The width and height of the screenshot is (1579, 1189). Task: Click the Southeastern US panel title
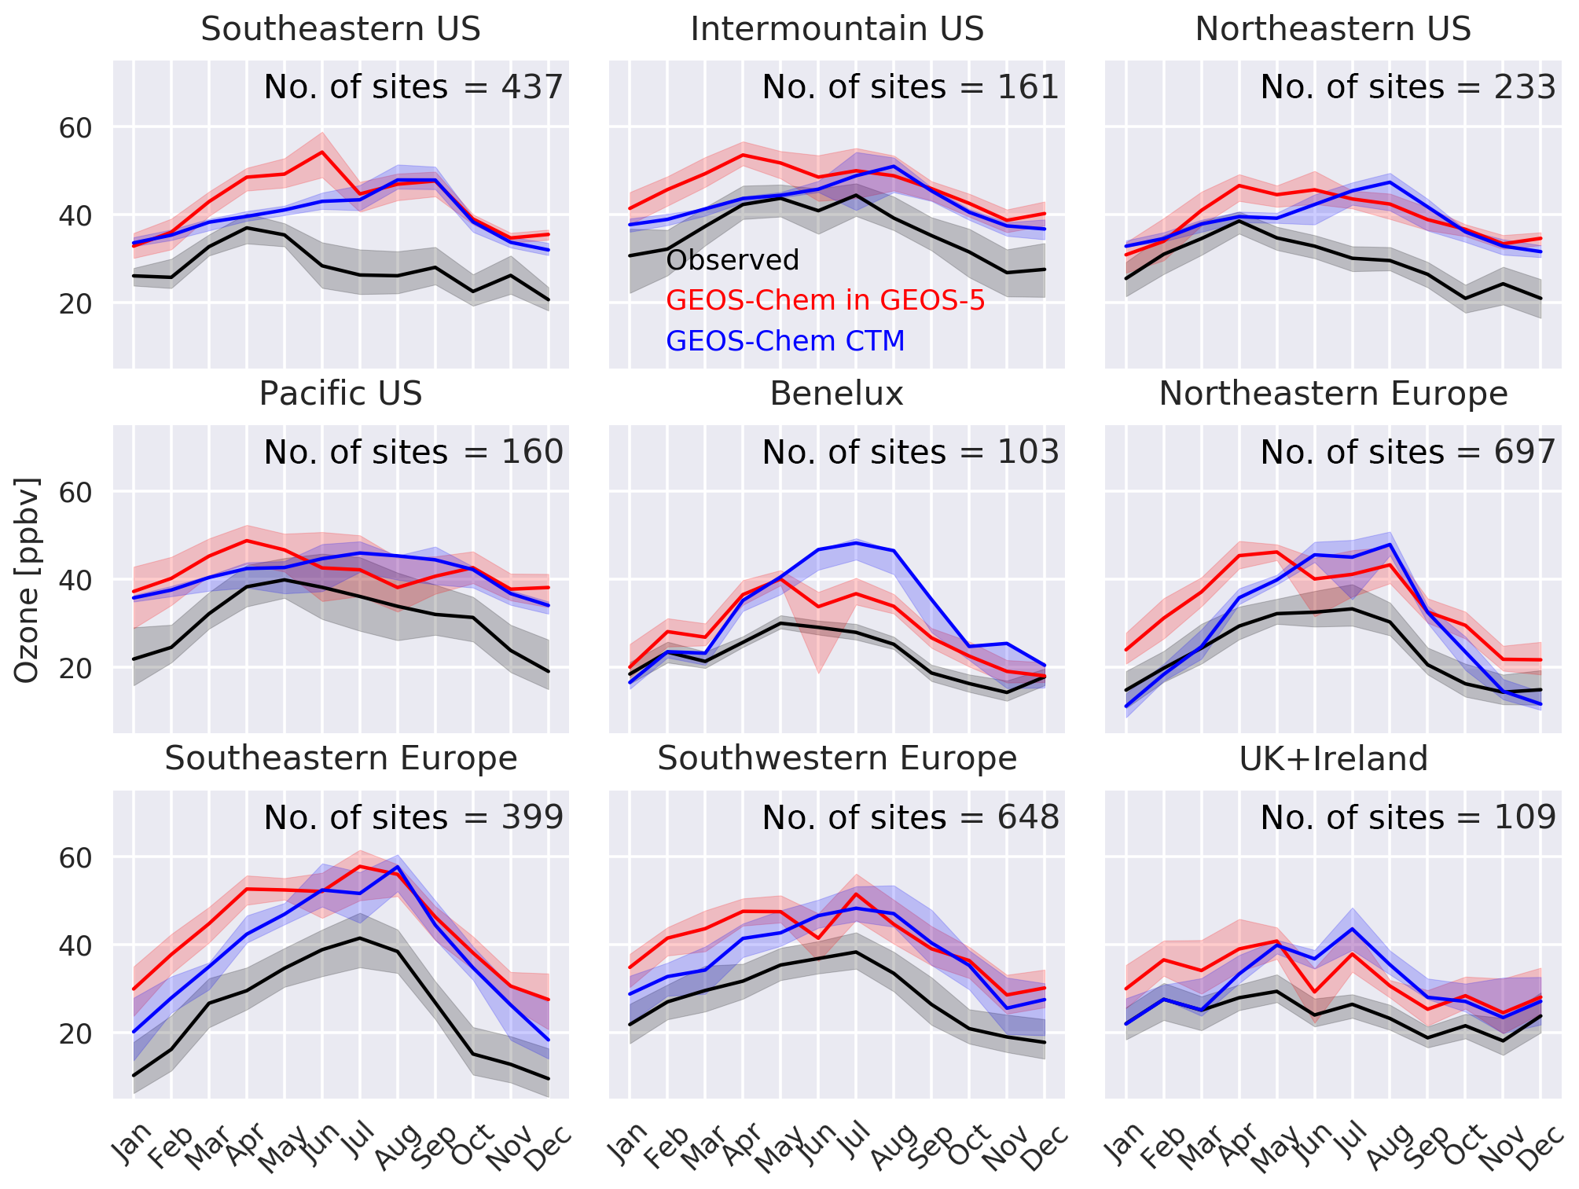click(340, 29)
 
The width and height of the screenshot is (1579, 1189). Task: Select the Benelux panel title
click(836, 394)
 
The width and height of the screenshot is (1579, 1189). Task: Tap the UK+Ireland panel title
click(1333, 759)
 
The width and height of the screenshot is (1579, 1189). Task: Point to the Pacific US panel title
click(340, 394)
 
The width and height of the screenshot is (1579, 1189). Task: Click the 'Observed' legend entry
click(733, 260)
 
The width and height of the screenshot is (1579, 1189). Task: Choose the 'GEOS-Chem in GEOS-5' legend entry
click(825, 300)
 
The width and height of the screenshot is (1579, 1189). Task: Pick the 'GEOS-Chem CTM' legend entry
click(785, 341)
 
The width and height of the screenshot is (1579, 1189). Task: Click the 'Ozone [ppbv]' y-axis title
click(28, 580)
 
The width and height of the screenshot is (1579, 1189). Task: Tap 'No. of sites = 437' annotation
click(413, 87)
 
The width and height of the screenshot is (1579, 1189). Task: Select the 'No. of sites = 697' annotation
click(1408, 453)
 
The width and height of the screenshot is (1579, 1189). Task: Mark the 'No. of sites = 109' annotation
click(1408, 818)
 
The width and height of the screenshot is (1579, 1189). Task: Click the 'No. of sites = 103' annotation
click(911, 453)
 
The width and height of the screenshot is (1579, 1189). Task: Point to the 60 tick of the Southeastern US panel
click(75, 127)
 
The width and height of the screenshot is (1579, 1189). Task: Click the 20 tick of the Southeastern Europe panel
click(75, 1033)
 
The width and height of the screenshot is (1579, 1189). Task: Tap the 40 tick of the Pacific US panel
click(75, 581)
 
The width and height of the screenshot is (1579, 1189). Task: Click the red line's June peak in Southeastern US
click(321, 152)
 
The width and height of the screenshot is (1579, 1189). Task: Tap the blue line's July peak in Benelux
click(855, 542)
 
